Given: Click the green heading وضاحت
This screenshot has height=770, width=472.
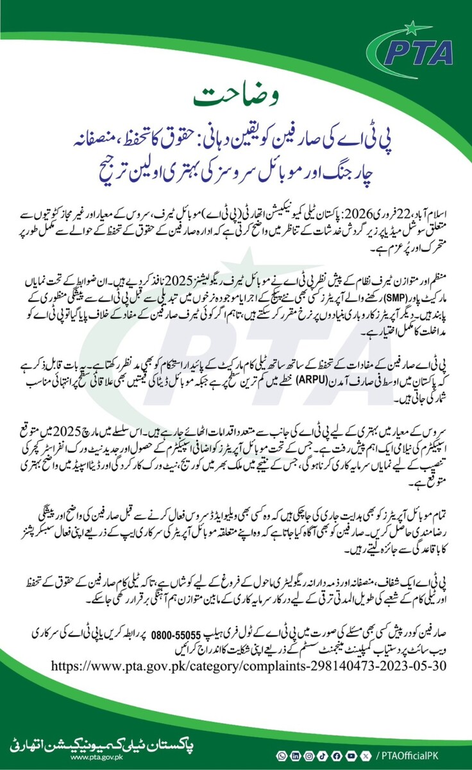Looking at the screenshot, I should point(236,96).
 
